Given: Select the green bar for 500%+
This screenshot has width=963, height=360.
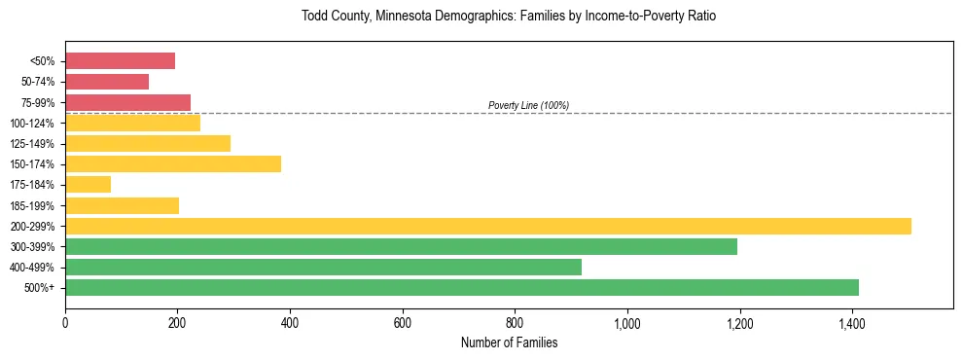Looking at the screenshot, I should [x=462, y=287].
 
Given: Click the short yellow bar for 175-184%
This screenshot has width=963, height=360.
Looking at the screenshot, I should [x=89, y=184].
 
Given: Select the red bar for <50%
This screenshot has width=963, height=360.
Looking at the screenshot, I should [x=121, y=61].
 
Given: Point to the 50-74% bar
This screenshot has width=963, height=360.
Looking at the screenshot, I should [x=107, y=82].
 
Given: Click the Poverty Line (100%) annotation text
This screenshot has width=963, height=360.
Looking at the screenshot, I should [x=528, y=105].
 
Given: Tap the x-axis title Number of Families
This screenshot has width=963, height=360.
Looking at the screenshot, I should [x=509, y=342].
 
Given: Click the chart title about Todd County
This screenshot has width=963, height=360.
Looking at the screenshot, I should [x=509, y=18].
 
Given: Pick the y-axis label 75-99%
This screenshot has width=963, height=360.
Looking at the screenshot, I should [x=38, y=103].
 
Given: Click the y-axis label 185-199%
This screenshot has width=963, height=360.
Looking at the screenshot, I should [x=33, y=205].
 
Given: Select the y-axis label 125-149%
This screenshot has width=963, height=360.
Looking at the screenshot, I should [x=33, y=144].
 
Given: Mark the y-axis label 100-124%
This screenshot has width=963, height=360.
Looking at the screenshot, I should [x=33, y=124].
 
